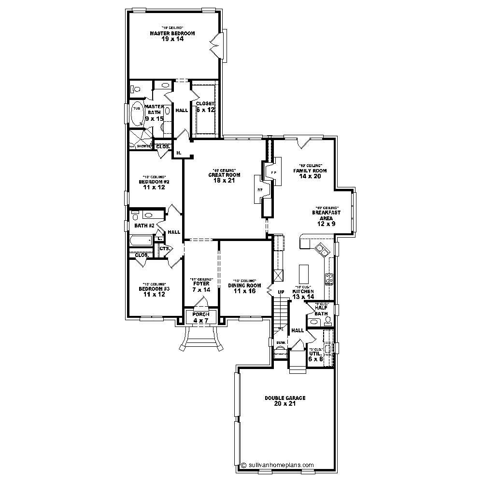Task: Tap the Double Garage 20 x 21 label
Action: (x=285, y=400)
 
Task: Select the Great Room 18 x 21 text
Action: (x=224, y=178)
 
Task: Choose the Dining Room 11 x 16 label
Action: (x=244, y=288)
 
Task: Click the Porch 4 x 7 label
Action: (x=200, y=317)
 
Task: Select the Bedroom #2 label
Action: (x=154, y=185)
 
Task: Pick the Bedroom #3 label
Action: (x=154, y=291)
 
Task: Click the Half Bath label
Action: (x=321, y=311)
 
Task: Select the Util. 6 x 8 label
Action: (x=315, y=356)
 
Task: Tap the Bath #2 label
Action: (x=144, y=226)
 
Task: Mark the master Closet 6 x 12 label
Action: (x=205, y=107)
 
